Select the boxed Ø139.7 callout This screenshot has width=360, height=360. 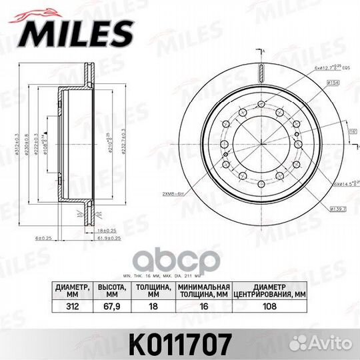pyautogui.click(x=336, y=209)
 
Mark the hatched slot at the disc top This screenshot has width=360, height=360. pyautogui.click(x=261, y=73)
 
